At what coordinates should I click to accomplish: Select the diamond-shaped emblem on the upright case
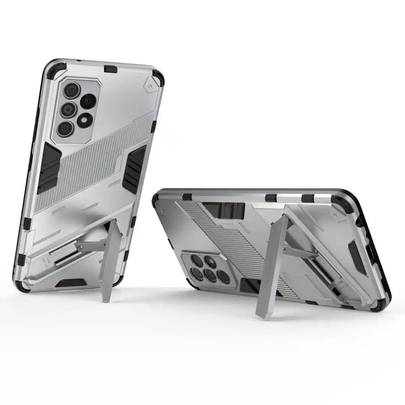(x=150, y=87)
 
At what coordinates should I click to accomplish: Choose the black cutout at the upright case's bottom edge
(x=71, y=283)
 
